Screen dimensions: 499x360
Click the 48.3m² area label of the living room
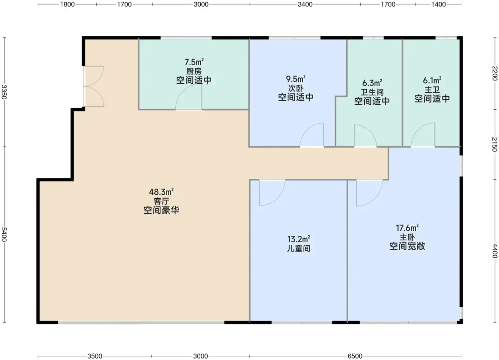[x=161, y=192]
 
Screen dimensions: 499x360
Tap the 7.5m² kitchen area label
[x=194, y=62]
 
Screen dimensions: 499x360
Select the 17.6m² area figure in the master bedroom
[x=407, y=228]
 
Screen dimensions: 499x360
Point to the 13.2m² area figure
[x=299, y=239]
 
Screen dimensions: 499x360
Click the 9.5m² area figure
[x=295, y=79]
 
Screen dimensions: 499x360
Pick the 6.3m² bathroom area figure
[x=372, y=83]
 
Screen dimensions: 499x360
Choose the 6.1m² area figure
[x=432, y=80]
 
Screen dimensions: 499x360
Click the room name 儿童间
[x=299, y=249]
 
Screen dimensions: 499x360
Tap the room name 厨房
[x=194, y=71]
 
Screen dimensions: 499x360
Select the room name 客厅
[x=161, y=201]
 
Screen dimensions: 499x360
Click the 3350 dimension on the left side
[x=4, y=92]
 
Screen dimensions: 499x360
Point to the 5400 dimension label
[x=4, y=234]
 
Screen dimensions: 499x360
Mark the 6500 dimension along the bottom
[x=355, y=356]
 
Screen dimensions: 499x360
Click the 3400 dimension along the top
[x=305, y=4]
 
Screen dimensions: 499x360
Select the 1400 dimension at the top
[x=438, y=4]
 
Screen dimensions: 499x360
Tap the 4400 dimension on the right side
[x=495, y=251]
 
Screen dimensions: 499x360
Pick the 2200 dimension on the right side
[x=495, y=73]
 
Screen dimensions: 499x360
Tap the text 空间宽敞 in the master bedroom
[x=407, y=246]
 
